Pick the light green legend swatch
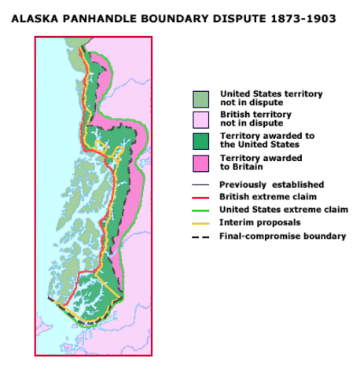(x=201, y=98)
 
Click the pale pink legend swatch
(x=201, y=119)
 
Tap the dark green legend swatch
(x=201, y=141)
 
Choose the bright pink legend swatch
(x=201, y=162)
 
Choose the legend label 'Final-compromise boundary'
(x=282, y=236)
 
